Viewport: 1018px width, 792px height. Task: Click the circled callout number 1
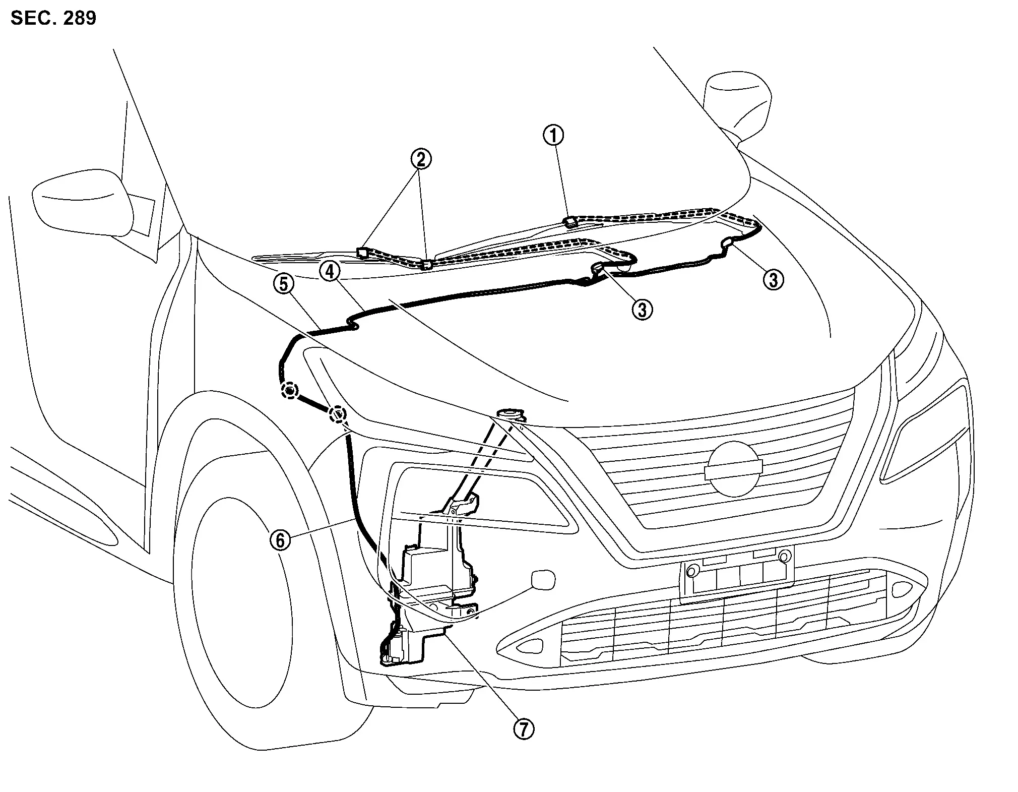coord(553,136)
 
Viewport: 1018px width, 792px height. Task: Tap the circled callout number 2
coord(420,159)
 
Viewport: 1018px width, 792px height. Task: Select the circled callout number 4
coord(329,272)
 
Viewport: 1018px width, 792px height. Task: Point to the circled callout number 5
coord(283,284)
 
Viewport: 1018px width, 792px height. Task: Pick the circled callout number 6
coord(280,540)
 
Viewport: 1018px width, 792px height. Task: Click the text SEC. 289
coord(53,18)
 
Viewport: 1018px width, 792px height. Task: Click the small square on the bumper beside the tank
coord(543,580)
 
